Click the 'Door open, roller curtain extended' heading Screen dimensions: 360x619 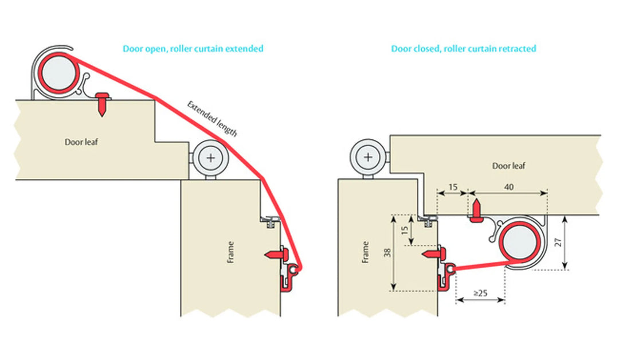click(x=193, y=49)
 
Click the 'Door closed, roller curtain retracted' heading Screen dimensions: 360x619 click(x=463, y=49)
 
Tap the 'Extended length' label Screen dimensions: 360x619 click(x=211, y=118)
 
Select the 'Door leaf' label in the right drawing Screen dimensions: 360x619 click(x=509, y=166)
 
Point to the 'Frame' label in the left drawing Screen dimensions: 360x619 click(x=230, y=252)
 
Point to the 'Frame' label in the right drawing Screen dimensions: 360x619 click(x=365, y=252)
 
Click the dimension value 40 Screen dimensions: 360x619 click(x=508, y=187)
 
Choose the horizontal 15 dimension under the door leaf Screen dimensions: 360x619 click(x=453, y=187)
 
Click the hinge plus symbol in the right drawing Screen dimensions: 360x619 click(x=367, y=156)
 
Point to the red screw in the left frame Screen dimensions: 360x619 click(x=276, y=253)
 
